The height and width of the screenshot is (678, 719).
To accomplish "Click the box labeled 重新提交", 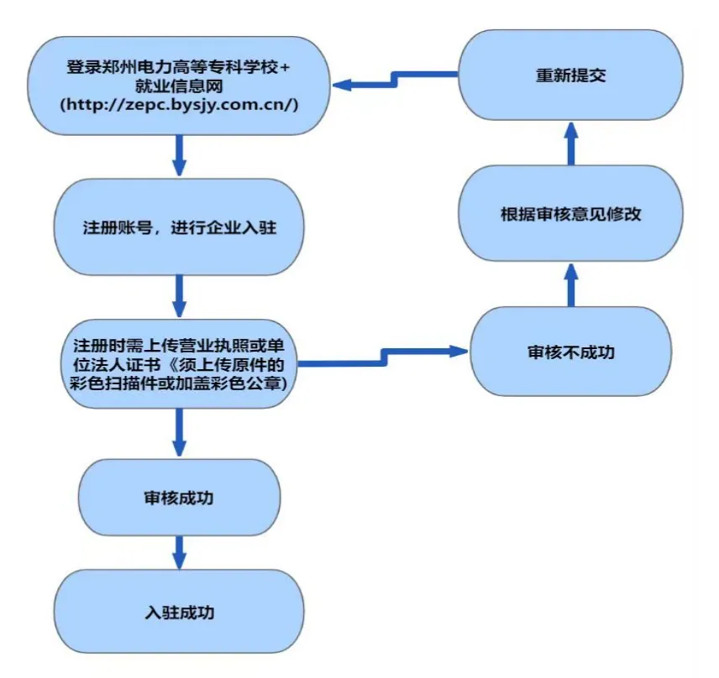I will [570, 76].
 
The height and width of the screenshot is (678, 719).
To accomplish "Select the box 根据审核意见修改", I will [570, 214].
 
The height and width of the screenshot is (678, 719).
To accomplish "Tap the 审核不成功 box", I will [570, 352].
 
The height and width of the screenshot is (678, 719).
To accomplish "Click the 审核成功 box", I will [178, 498].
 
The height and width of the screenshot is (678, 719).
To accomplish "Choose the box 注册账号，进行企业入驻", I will [178, 227].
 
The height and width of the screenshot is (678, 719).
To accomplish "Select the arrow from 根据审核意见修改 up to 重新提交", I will [570, 143].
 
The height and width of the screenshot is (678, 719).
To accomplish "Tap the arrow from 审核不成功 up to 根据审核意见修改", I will [570, 283].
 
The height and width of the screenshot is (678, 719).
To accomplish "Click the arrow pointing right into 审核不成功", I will [386, 357].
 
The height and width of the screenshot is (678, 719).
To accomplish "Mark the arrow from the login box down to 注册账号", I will [178, 154].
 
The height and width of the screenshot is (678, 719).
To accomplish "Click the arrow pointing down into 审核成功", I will [178, 432].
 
